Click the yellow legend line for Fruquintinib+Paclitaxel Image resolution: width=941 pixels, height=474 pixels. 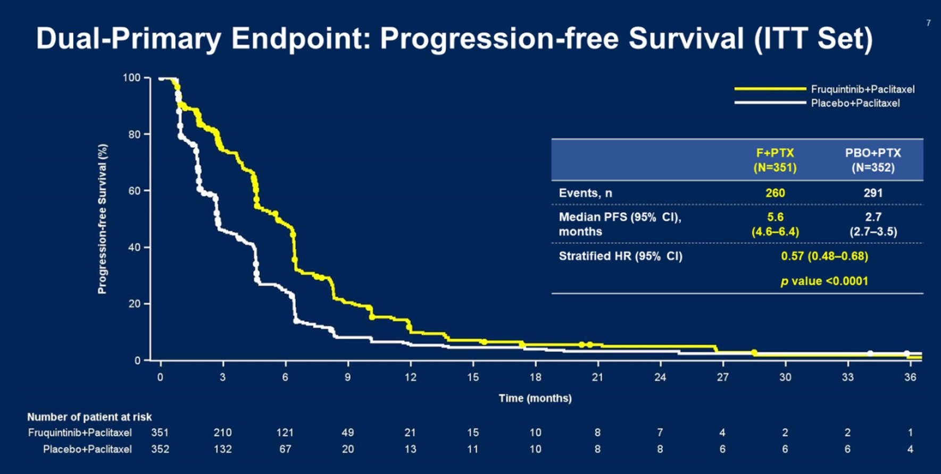[770, 89]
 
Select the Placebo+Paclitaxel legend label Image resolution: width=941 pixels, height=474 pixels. [855, 103]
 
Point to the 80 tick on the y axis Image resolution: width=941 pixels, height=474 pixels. [134, 134]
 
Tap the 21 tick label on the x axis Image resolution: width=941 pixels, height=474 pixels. [597, 377]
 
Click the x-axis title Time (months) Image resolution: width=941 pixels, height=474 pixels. [535, 398]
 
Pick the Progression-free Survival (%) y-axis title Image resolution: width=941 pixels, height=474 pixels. [102, 218]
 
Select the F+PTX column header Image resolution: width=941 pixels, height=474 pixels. [775, 160]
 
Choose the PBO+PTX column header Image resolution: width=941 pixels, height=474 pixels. [873, 160]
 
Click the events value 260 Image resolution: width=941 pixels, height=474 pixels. [775, 193]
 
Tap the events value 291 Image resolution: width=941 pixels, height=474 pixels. [873, 193]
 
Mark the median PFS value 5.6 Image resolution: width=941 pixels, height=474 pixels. [775, 217]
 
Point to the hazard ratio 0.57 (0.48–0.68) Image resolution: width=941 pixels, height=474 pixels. [824, 256]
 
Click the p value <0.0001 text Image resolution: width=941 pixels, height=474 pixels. [824, 281]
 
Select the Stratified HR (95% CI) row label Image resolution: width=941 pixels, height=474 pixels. [620, 256]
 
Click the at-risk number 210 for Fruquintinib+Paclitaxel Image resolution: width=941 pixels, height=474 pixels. [222, 433]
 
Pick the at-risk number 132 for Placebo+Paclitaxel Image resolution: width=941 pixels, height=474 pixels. [222, 449]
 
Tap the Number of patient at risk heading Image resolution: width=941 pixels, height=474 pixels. [89, 417]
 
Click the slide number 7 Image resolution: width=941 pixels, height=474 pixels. [928, 23]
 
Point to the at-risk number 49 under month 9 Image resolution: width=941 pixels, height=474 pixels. [347, 433]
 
